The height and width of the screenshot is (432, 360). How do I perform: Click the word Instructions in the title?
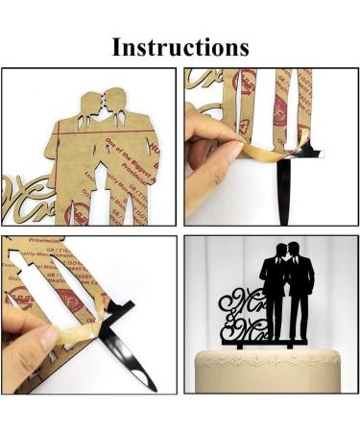pos(180,45)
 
